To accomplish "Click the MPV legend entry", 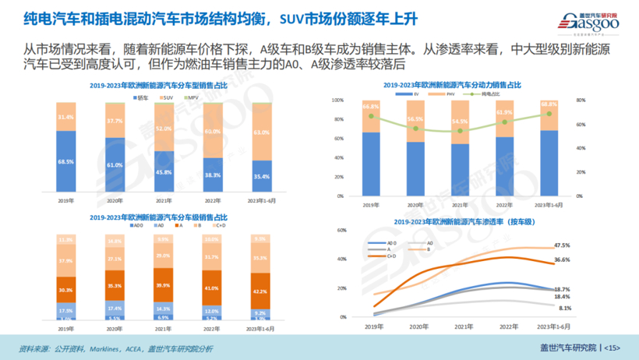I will tap(192, 97).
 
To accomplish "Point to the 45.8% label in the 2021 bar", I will tap(164, 171).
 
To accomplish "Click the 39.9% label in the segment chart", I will tap(164, 286).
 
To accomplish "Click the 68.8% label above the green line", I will tap(549, 104).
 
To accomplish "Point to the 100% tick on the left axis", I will tap(336, 101).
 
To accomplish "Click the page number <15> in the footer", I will tap(613, 347).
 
